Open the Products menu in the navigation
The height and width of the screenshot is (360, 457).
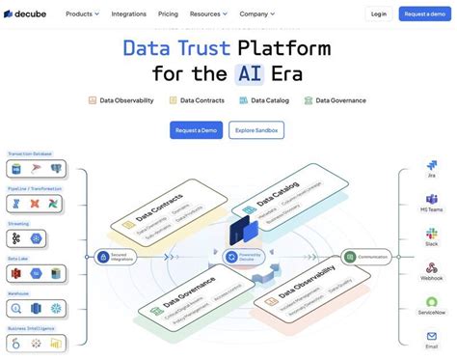click(x=83, y=14)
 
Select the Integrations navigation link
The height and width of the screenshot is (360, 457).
click(x=129, y=14)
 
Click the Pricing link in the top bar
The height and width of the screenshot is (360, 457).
click(x=168, y=14)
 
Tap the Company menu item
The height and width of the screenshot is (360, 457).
click(x=256, y=14)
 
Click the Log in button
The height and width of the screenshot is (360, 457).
click(x=378, y=14)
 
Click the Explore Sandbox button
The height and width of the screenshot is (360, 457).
click(x=256, y=129)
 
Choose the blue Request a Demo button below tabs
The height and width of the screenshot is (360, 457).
click(x=197, y=129)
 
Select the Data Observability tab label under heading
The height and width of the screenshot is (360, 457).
click(x=121, y=100)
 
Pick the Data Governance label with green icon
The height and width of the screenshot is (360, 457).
click(x=337, y=100)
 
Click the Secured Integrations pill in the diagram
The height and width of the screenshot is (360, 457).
click(x=118, y=257)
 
